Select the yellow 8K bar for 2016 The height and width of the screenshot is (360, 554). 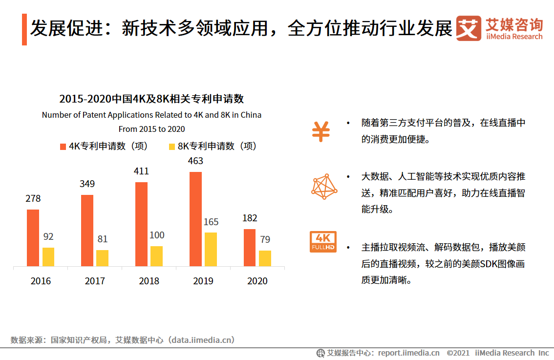click(48, 257)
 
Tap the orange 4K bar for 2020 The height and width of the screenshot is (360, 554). click(250, 248)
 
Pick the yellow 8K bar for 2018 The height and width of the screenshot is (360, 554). click(156, 256)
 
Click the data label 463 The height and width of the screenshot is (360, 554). click(195, 161)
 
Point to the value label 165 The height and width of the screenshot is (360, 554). click(211, 222)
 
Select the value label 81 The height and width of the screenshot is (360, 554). click(102, 239)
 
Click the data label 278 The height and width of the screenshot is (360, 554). click(33, 199)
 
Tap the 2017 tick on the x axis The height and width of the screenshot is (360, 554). click(95, 281)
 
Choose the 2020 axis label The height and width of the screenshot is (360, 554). click(257, 281)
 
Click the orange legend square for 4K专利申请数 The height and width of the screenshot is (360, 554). click(63, 147)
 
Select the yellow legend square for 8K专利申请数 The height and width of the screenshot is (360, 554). click(171, 147)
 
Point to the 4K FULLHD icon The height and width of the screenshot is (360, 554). click(323, 242)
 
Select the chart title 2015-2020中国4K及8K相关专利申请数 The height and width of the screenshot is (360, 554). click(151, 99)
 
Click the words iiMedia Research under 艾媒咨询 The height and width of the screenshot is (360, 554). click(514, 37)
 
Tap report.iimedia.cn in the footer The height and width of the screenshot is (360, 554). click(408, 353)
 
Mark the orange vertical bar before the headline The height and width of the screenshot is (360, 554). click(24, 29)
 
